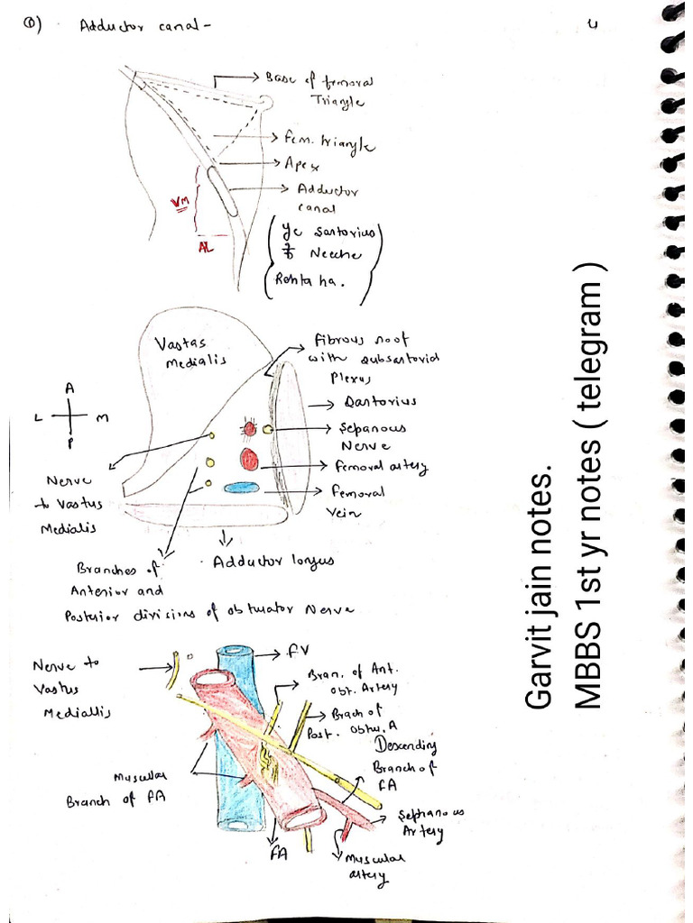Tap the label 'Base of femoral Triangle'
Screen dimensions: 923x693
point(321,90)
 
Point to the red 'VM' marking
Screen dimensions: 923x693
point(180,206)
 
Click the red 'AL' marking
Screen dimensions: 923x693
point(207,248)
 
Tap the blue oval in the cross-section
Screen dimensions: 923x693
point(241,488)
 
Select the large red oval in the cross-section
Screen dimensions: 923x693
point(248,460)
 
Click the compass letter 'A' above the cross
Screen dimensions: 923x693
point(69,387)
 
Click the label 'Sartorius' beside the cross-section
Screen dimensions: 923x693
point(380,401)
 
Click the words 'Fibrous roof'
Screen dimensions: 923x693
point(360,340)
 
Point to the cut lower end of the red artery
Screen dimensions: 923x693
point(303,817)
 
